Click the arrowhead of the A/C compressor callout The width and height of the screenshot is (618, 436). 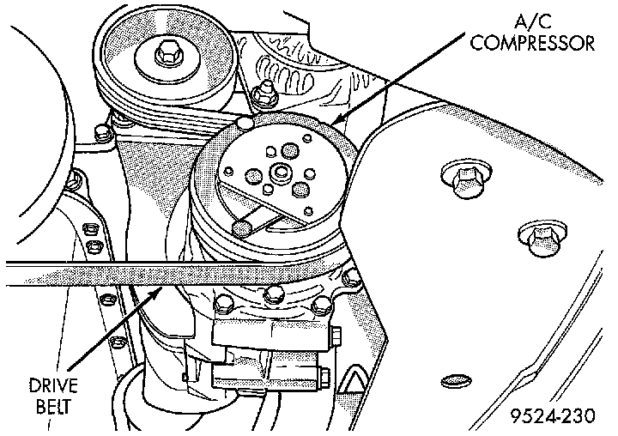337,120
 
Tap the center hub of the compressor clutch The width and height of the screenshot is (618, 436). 278,181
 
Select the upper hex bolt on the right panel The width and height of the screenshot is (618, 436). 464,178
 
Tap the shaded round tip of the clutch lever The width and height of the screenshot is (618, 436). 242,227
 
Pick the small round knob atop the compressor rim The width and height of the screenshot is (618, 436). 248,124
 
